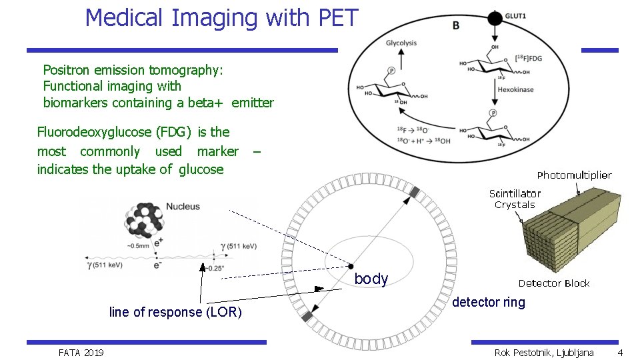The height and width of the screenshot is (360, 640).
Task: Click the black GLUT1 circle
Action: (x=495, y=17)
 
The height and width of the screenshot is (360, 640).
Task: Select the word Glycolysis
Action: (x=401, y=43)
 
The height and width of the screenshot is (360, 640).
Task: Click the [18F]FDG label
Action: (x=529, y=59)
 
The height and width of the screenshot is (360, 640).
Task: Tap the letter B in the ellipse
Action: (x=455, y=25)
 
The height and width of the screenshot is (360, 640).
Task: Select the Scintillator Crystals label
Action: (x=515, y=199)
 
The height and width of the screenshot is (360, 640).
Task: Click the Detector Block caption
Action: (x=554, y=283)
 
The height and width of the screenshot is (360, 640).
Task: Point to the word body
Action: (x=371, y=279)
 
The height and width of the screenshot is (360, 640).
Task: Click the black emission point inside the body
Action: (x=351, y=266)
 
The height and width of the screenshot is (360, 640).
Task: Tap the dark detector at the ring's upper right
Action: (x=414, y=193)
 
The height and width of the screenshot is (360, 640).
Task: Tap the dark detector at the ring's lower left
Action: (x=307, y=317)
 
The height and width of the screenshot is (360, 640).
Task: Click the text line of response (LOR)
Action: (x=175, y=312)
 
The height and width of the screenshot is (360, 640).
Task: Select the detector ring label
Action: (x=489, y=303)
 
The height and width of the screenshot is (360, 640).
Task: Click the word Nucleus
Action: (x=183, y=207)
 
